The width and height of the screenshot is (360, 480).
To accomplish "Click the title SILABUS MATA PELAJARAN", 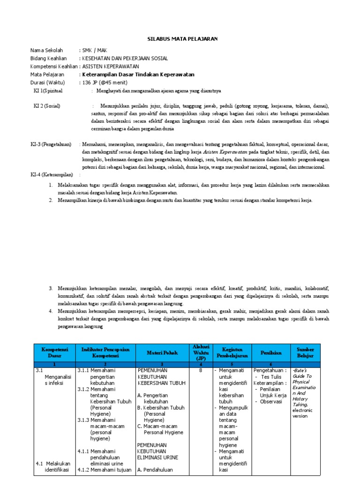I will tap(180, 38).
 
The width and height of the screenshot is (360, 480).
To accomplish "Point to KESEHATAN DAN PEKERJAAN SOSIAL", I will tap(125, 58).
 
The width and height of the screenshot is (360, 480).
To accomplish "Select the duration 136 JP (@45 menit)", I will tap(105, 82).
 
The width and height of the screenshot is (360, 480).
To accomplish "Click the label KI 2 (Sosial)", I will tap(47, 106).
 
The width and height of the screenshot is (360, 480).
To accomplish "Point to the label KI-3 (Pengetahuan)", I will tap(51, 144).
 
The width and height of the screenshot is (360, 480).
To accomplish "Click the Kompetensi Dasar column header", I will tap(55, 352).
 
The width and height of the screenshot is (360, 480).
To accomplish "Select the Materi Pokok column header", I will tap(162, 352).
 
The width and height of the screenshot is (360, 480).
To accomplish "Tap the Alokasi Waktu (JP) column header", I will tap(201, 352).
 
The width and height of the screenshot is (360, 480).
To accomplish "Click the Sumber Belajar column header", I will tap(305, 352).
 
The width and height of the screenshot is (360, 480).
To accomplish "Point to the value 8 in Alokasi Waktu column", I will tap(201, 370).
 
